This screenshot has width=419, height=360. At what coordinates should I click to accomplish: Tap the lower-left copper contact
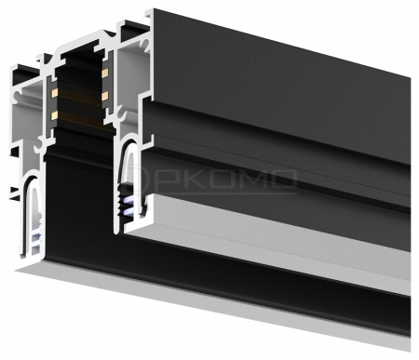point(55,114)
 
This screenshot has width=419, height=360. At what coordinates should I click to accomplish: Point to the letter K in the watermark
point(185,177)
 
